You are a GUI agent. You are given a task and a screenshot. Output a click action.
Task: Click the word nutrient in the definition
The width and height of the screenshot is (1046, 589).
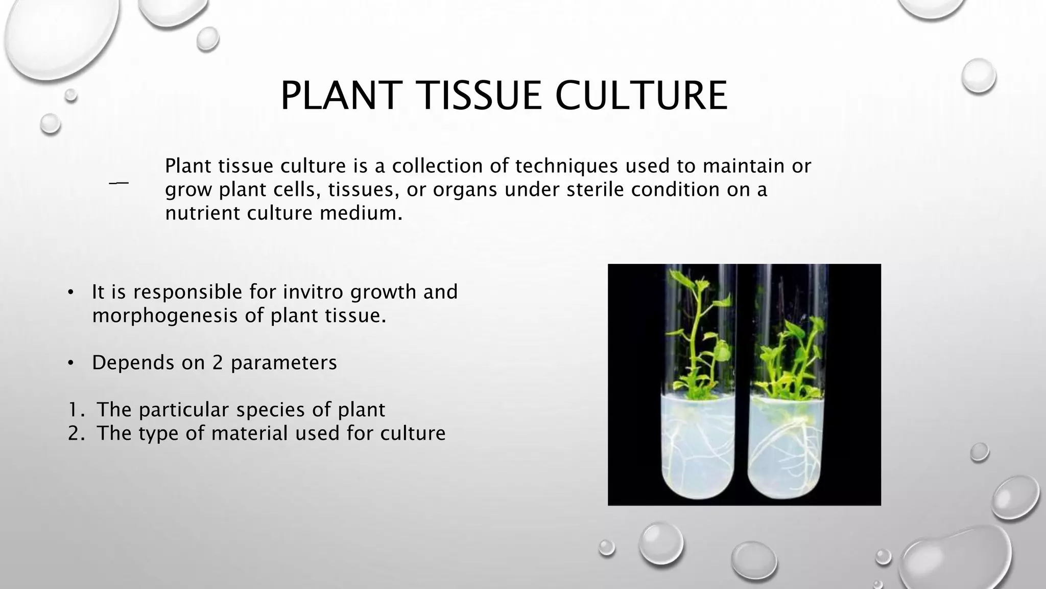[203, 213]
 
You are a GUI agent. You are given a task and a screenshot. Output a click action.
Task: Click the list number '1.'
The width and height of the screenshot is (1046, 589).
[77, 410]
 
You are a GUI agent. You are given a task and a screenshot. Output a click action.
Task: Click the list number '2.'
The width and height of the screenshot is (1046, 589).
[77, 434]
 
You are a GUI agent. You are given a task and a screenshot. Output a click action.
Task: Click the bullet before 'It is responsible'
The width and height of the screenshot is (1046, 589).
[71, 292]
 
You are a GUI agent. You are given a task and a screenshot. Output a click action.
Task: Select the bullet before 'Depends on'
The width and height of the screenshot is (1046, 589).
[71, 363]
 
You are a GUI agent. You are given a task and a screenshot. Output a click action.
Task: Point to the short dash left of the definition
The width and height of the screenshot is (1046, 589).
[118, 183]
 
